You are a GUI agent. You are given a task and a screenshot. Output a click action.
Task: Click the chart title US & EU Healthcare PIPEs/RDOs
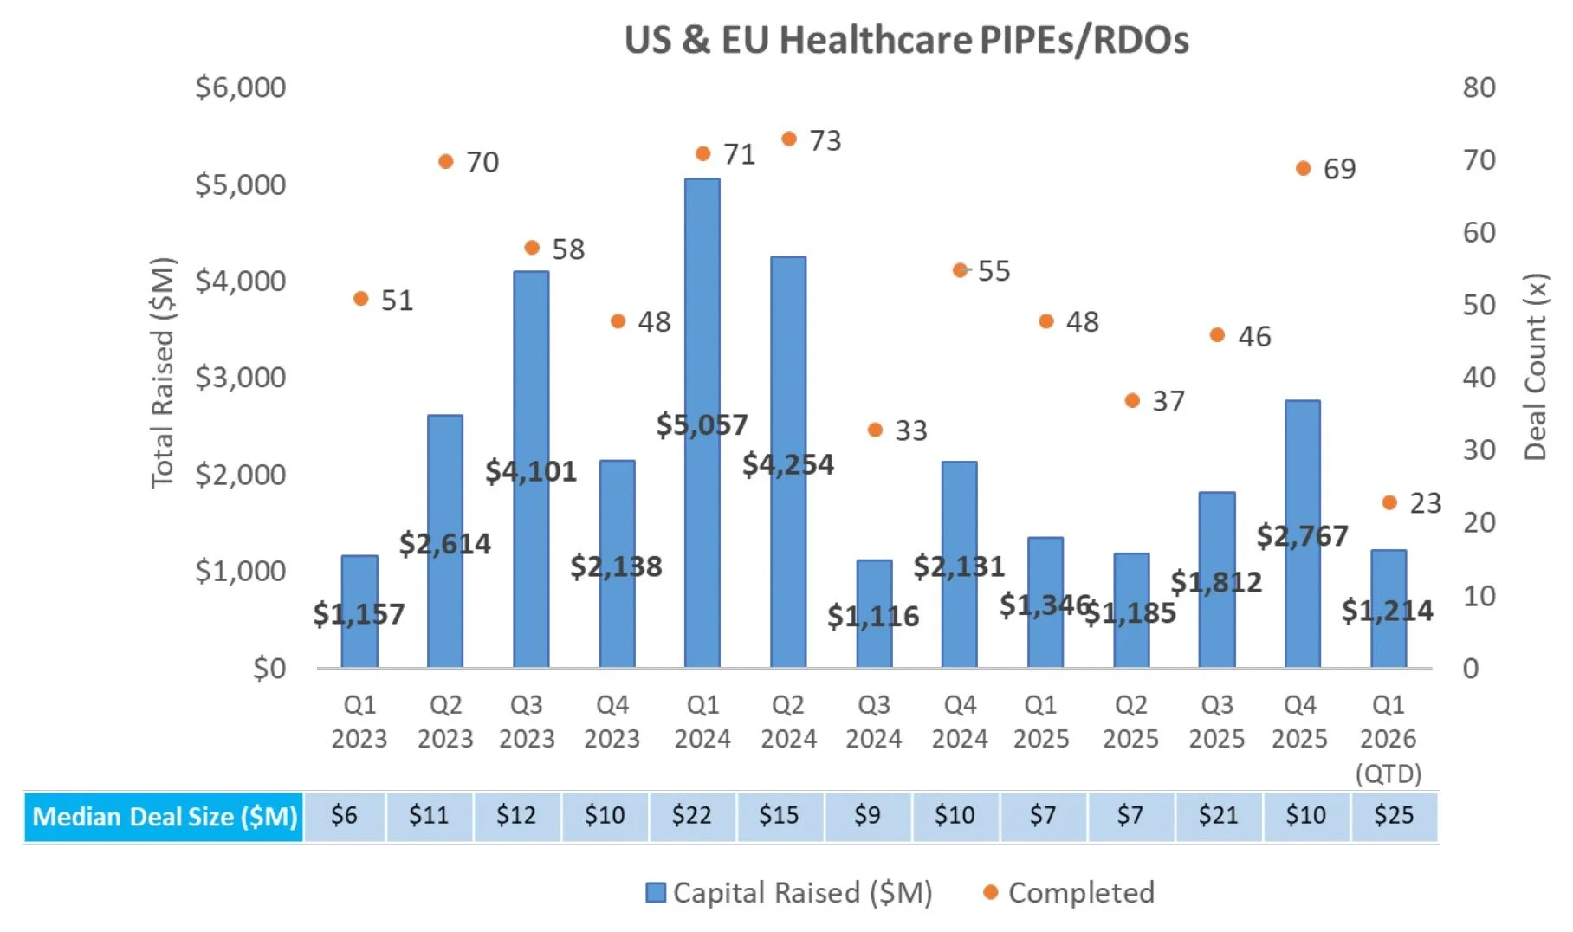pyautogui.click(x=906, y=40)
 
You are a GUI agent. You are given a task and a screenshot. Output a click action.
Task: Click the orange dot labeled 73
pyautogui.click(x=789, y=139)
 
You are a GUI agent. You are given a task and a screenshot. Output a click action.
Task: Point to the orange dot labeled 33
pyautogui.click(x=875, y=430)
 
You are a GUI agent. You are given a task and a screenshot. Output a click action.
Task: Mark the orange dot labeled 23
pyautogui.click(x=1389, y=502)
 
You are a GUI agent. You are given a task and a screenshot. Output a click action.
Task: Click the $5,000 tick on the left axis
pyautogui.click(x=241, y=184)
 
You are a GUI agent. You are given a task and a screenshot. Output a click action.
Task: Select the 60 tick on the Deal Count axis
pyautogui.click(x=1479, y=232)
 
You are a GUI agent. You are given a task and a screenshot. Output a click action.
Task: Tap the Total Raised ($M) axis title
pyautogui.click(x=163, y=372)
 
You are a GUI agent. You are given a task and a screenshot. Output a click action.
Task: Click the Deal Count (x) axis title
pyautogui.click(x=1535, y=366)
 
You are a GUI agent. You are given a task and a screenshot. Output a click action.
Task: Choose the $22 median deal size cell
pyautogui.click(x=691, y=815)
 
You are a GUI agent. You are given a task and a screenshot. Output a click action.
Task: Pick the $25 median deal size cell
pyautogui.click(x=1394, y=815)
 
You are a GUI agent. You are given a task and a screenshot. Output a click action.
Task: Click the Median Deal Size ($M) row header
pyautogui.click(x=165, y=816)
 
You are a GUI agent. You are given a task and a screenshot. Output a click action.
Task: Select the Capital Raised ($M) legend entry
pyautogui.click(x=789, y=892)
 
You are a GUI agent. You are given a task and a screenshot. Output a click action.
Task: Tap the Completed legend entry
pyautogui.click(x=1069, y=892)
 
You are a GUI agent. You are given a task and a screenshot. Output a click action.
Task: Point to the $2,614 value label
pyautogui.click(x=444, y=544)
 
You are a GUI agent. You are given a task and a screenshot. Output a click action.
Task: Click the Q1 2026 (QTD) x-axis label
pyautogui.click(x=1388, y=738)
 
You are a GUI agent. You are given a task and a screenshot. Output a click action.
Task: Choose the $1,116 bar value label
pyautogui.click(x=872, y=616)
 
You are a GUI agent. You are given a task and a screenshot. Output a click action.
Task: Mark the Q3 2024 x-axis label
pyautogui.click(x=873, y=722)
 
